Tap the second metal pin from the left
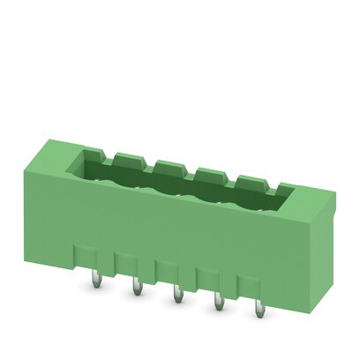click(137, 288)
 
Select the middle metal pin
click(177, 294)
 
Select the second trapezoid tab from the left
click(167, 163)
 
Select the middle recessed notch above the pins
click(168, 266)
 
